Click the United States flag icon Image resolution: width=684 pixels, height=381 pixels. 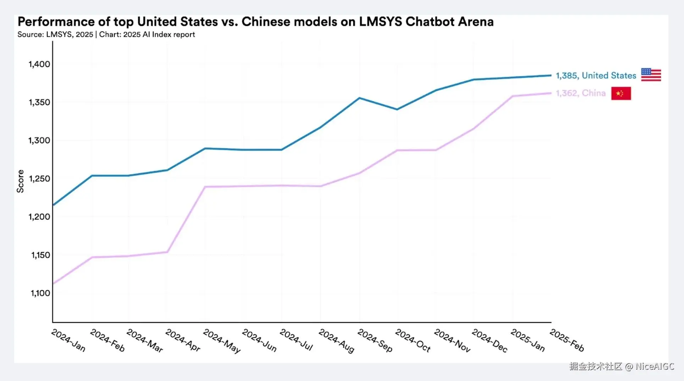click(651, 75)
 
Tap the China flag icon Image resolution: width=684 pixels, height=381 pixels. click(621, 93)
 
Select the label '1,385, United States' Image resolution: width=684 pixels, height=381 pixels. click(596, 76)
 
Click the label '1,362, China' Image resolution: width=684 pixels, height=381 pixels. click(580, 93)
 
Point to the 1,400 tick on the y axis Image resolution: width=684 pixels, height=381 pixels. click(39, 64)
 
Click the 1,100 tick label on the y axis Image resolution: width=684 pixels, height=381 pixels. click(40, 293)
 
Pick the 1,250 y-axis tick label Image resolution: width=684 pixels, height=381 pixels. click(39, 179)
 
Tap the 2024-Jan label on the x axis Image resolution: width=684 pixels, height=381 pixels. click(68, 341)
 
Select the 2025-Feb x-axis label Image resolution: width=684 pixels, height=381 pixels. click(567, 340)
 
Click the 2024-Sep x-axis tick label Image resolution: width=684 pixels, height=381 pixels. click(375, 341)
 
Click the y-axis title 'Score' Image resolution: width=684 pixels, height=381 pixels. click(20, 181)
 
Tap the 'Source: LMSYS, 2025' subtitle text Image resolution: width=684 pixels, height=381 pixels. click(55, 34)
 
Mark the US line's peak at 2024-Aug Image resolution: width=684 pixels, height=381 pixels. click(359, 98)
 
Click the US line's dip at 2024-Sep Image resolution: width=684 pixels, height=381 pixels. click(397, 109)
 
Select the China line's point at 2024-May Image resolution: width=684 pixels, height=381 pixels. click(205, 186)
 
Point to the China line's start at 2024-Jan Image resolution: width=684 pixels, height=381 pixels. click(53, 283)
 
